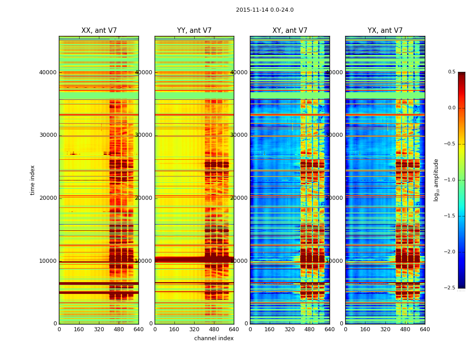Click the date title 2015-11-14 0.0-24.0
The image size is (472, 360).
(265, 10)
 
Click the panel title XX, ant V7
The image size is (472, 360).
(99, 31)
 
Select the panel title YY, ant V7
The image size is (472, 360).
(194, 31)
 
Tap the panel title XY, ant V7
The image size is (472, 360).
(290, 31)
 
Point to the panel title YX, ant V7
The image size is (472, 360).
(385, 31)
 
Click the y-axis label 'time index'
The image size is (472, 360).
(32, 180)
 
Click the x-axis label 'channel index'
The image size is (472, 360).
(214, 338)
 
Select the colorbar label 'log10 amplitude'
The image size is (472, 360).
(436, 180)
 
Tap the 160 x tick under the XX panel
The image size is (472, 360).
(79, 329)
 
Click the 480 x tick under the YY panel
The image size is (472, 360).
(214, 329)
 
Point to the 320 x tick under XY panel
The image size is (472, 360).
(290, 329)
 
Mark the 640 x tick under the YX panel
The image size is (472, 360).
(425, 329)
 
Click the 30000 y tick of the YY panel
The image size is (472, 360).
(144, 135)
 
